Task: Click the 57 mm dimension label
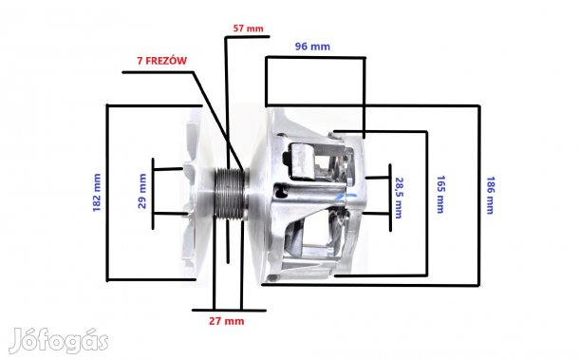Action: pos(248,28)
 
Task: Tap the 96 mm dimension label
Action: pos(312,47)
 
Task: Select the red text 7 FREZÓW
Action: pos(161,61)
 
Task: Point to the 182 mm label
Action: pos(97,193)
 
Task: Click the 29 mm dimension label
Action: pos(142,191)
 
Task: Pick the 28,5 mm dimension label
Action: pos(399,198)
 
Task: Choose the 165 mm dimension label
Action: pos(440,195)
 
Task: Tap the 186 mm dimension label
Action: pos(490,195)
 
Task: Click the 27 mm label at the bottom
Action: pos(226,321)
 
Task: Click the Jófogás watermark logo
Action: pos(59,341)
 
